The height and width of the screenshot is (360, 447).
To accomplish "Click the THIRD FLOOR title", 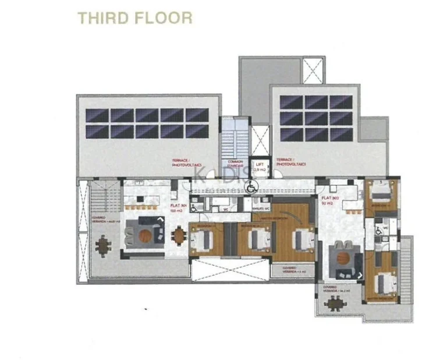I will coord(135,17).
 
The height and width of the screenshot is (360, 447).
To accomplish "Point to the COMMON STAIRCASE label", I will coord(236,164).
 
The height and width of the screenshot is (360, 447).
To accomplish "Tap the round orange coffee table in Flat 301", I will coord(145,235).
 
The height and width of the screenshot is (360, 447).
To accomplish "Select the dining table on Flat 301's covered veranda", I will coord(103,245).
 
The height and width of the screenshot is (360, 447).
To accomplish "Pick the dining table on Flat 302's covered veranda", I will coord(335,303).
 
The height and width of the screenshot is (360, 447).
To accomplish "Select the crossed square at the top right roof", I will coord(315,71).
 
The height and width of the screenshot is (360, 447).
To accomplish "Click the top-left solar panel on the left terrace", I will coord(97,115).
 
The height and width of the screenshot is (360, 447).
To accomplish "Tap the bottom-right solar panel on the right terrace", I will coord(341,135).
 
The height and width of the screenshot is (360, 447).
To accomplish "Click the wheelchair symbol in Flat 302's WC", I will coord(380,231).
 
